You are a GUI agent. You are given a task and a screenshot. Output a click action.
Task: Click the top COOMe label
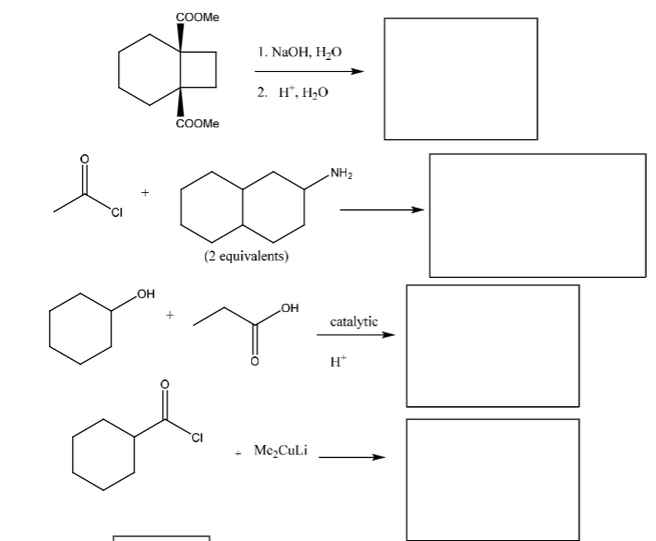pyautogui.click(x=197, y=18)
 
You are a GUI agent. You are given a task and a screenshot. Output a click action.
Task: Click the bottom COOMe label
pyautogui.click(x=197, y=124)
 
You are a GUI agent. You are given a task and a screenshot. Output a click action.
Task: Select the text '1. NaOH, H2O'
pyautogui.click(x=300, y=53)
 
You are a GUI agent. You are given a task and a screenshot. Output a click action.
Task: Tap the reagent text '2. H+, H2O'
pyautogui.click(x=292, y=92)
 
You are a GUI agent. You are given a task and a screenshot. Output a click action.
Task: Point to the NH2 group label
pyautogui.click(x=341, y=173)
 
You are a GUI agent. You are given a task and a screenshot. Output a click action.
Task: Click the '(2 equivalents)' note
pyautogui.click(x=246, y=256)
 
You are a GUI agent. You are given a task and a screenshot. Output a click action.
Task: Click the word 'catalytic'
pyautogui.click(x=354, y=321)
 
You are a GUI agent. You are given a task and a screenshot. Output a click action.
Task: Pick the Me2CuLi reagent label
pyautogui.click(x=280, y=451)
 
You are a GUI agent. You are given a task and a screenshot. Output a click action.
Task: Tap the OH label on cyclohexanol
pyautogui.click(x=146, y=294)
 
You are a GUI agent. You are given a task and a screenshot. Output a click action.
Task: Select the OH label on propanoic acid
pyautogui.click(x=290, y=308)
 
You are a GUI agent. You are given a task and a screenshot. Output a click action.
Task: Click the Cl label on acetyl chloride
pyautogui.click(x=117, y=212)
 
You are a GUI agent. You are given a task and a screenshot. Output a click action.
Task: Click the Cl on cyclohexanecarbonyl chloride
pyautogui.click(x=197, y=438)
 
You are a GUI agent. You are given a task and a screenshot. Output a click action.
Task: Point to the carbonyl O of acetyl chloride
pyautogui.click(x=85, y=159)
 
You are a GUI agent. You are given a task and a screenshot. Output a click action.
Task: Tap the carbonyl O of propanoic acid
pyautogui.click(x=255, y=361)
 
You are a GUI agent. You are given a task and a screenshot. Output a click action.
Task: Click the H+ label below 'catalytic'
pyautogui.click(x=338, y=361)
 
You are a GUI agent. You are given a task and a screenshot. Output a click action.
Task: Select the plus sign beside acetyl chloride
pyautogui.click(x=145, y=193)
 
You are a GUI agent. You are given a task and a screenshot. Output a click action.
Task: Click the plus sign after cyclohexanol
pyautogui.click(x=170, y=315)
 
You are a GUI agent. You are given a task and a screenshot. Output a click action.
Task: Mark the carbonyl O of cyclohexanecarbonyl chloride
pyautogui.click(x=165, y=384)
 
